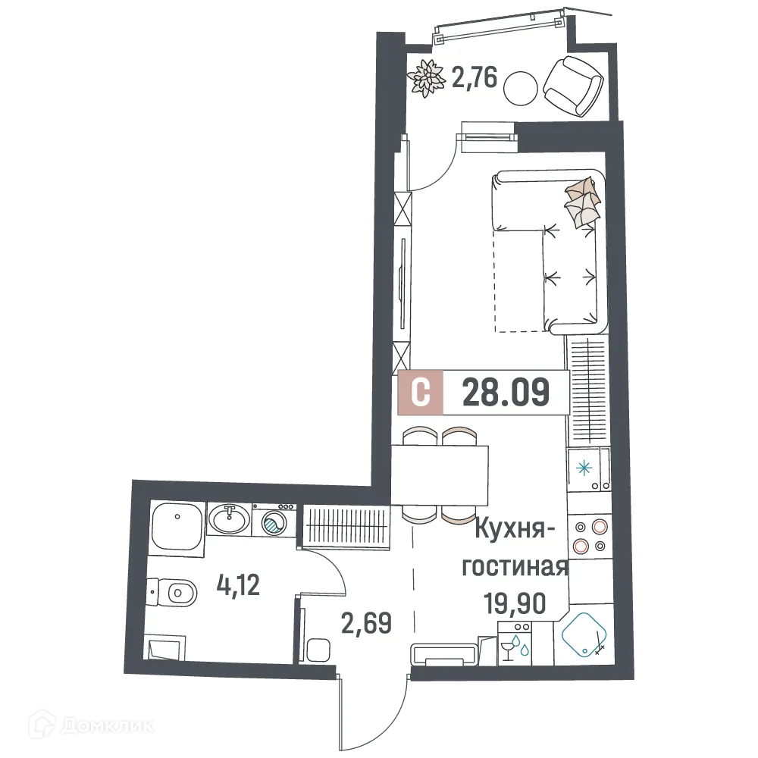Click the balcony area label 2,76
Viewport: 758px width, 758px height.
coord(475,78)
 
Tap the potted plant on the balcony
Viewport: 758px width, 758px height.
coord(428,77)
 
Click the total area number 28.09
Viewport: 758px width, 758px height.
coord(505,393)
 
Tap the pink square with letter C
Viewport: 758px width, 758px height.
coord(421,393)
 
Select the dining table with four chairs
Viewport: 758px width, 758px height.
coord(440,476)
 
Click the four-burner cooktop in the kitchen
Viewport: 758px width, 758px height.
coord(589,536)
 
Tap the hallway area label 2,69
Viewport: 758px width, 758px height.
coord(366,625)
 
